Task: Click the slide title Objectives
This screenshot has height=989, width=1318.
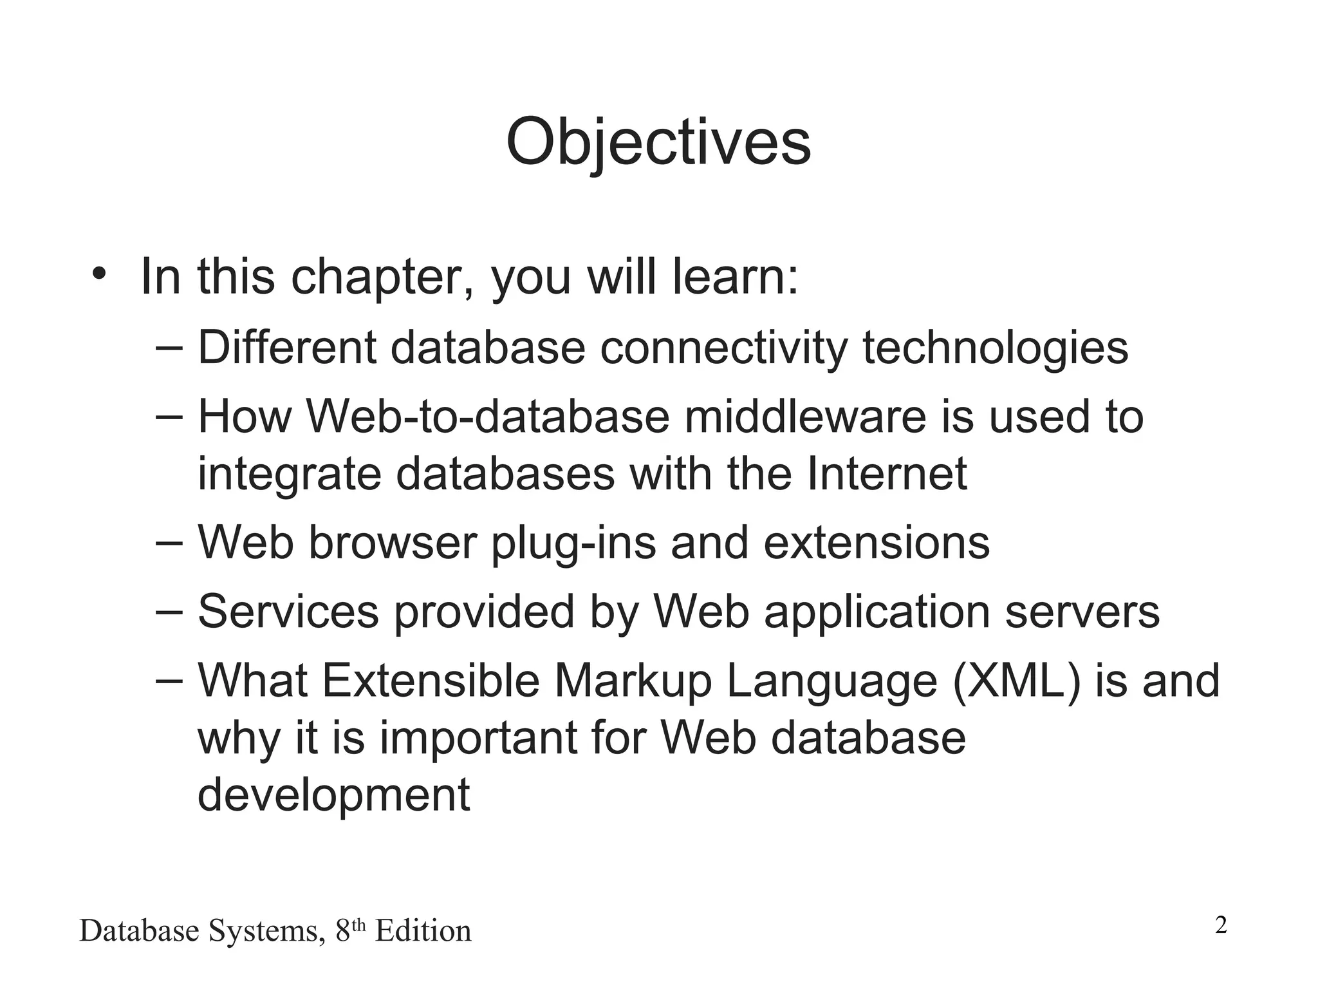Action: click(658, 143)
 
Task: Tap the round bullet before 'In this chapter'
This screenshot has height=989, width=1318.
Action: click(98, 273)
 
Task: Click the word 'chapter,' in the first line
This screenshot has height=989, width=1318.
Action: click(382, 278)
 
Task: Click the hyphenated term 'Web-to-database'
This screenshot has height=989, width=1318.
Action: click(488, 417)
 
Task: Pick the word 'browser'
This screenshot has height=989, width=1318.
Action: click(393, 543)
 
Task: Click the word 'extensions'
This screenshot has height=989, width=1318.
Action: click(876, 543)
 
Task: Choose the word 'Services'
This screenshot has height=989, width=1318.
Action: click(288, 612)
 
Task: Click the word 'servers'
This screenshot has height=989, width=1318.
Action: click(1082, 612)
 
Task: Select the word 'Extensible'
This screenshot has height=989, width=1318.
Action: click(430, 681)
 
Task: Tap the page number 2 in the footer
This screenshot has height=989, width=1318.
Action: click(1221, 926)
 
